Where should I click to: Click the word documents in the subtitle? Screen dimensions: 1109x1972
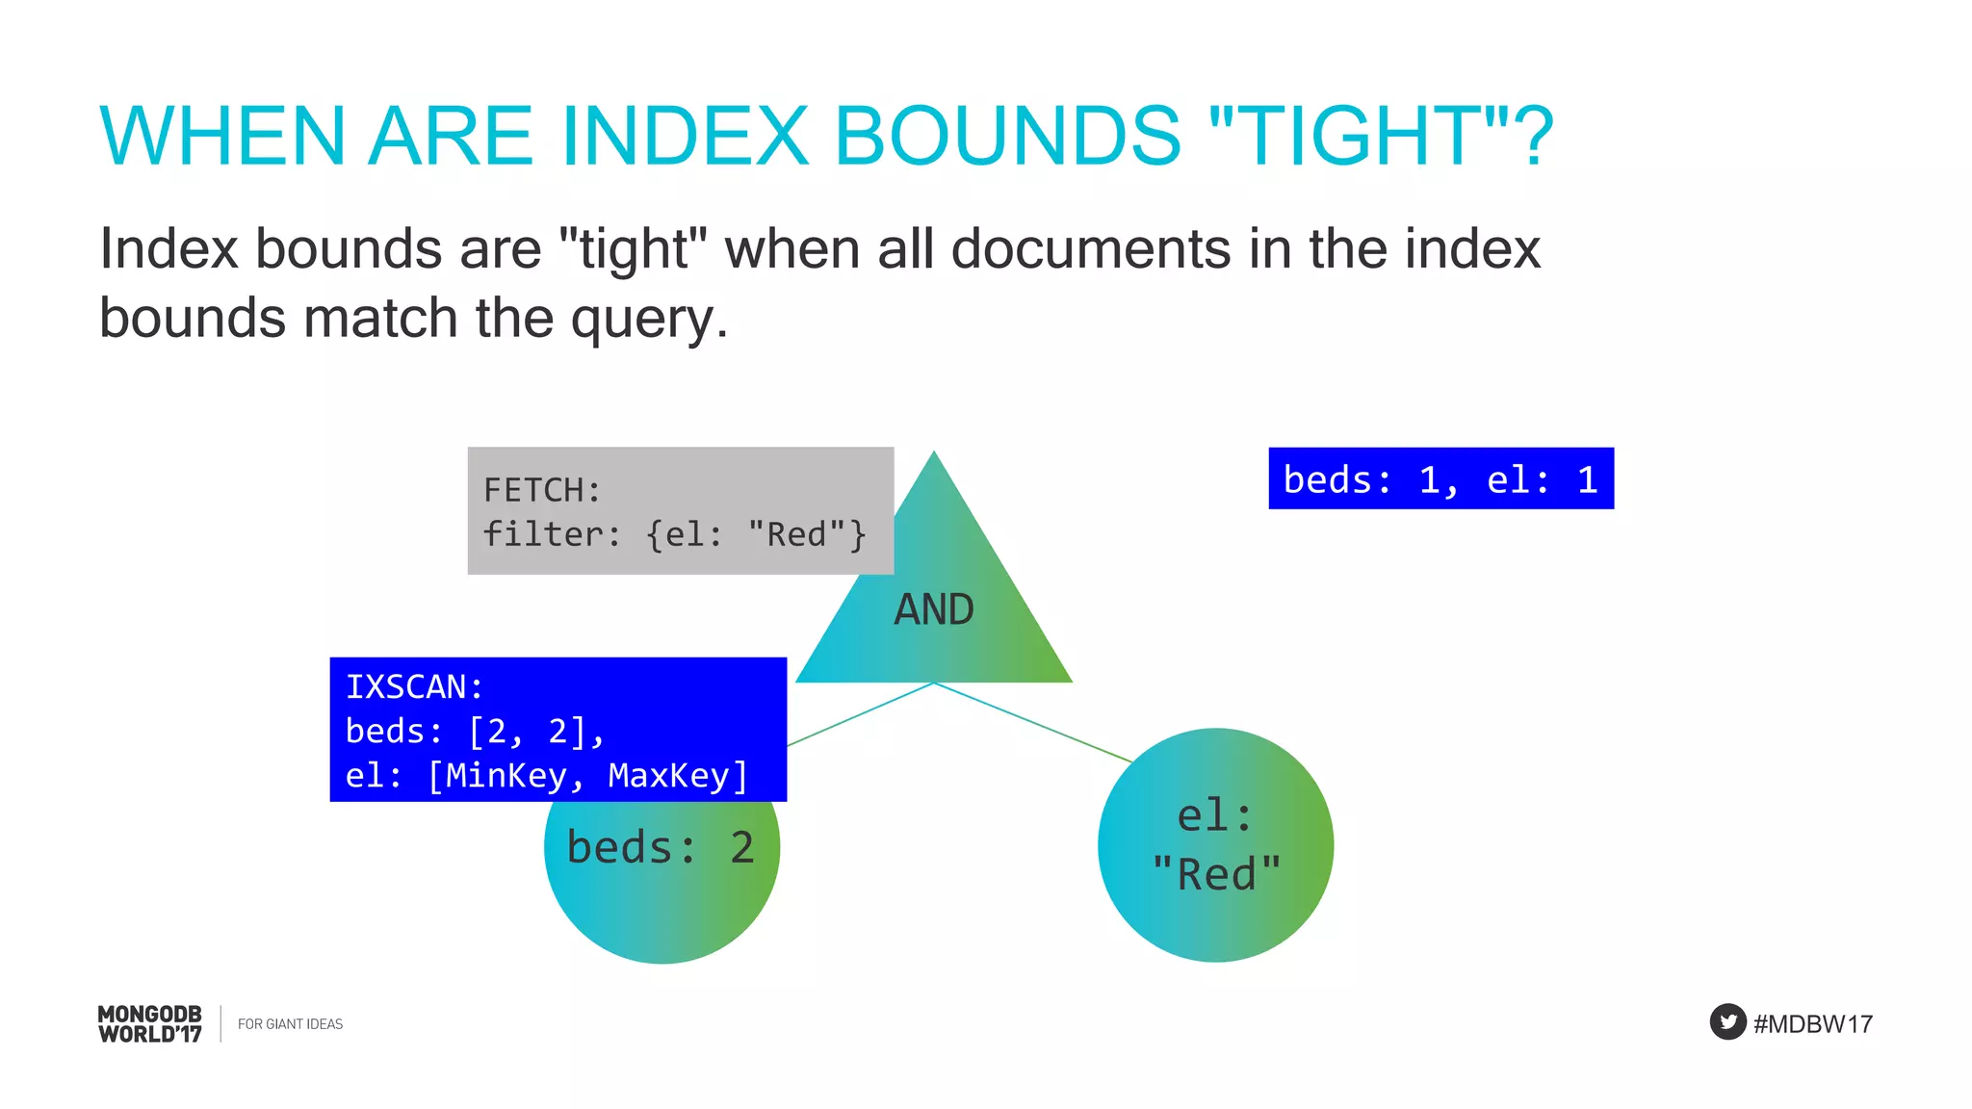click(1091, 248)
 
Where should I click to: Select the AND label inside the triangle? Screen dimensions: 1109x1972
click(933, 609)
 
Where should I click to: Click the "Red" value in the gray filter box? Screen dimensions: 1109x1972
click(795, 534)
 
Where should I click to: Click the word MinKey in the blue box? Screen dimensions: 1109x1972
click(506, 775)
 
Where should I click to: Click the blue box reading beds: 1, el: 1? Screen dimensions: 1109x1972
click(1440, 478)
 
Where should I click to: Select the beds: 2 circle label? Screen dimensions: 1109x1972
click(661, 848)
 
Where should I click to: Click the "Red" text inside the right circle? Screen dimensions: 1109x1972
click(1216, 875)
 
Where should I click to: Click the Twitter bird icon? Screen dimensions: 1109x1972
click(1727, 1021)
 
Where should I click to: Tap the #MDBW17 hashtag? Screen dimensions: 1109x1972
click(1812, 1024)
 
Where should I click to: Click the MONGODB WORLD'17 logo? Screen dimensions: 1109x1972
click(149, 1024)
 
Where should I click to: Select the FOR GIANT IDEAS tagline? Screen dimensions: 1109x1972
click(290, 1024)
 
